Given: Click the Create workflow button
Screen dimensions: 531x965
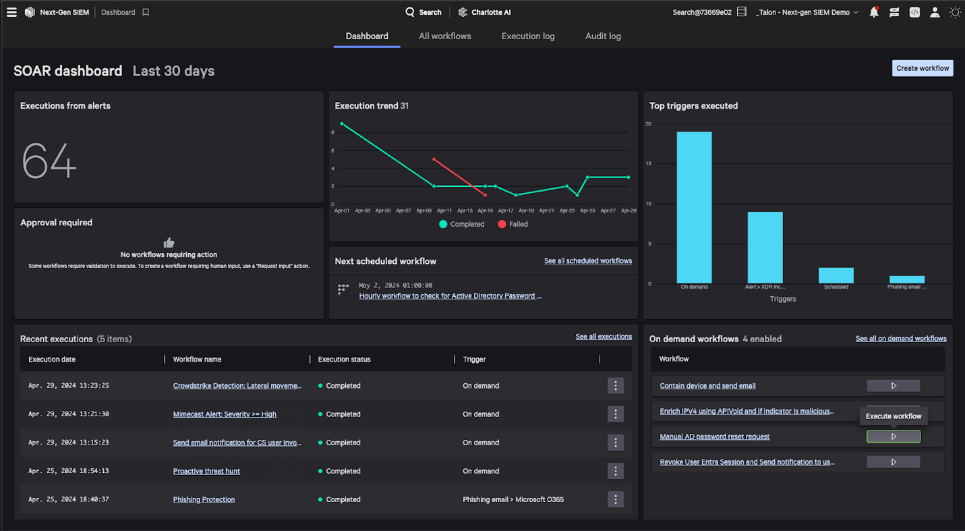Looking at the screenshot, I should point(922,68).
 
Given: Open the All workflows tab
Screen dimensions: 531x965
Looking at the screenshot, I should point(444,36).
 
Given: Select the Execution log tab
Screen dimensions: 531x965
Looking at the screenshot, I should point(527,36).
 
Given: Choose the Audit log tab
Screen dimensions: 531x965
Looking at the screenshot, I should point(603,36).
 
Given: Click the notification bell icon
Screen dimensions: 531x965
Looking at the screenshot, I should point(874,12).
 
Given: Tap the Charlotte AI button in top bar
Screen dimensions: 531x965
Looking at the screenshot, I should point(484,12).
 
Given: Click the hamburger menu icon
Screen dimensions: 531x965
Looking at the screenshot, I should point(11,12).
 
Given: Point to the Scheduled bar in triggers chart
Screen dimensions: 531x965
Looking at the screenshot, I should point(836,275).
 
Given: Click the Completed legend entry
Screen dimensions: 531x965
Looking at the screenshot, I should point(462,224).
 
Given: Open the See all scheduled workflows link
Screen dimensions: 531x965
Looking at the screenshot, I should point(587,261).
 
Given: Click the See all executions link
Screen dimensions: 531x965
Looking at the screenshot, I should point(604,337).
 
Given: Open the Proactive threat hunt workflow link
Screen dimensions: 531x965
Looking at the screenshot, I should point(206,471).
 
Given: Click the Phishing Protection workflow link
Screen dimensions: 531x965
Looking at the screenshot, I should point(204,500).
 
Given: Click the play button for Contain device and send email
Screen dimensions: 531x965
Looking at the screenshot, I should point(893,386).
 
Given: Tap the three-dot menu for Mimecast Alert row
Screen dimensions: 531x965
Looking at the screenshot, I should point(615,414).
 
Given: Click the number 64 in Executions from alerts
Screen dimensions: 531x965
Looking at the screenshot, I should point(49,161).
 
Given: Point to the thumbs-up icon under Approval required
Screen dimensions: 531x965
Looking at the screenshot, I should point(169,242).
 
